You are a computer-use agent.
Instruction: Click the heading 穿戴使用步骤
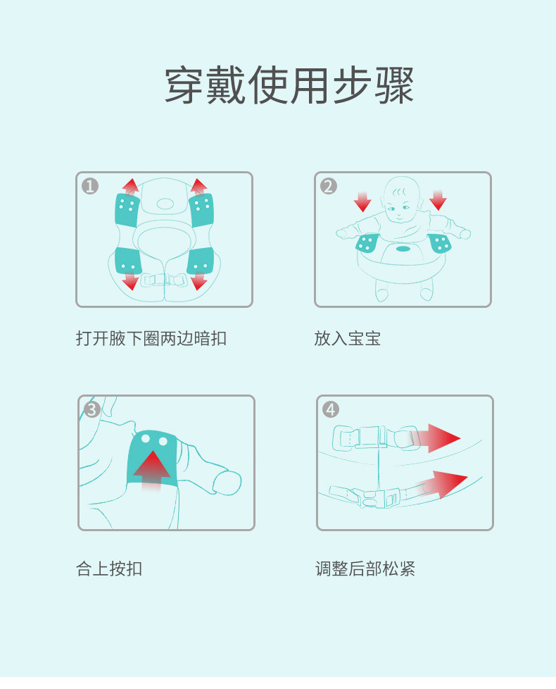coord(289,86)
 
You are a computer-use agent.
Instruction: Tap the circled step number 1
coord(90,187)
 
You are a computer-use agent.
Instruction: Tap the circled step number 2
coord(329,187)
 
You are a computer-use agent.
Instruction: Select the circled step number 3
coord(92,409)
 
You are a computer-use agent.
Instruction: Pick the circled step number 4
coord(331,409)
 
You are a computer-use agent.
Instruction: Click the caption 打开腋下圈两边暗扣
coord(151,338)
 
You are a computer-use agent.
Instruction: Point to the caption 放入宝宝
coord(347,338)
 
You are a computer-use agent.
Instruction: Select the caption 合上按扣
coord(109,569)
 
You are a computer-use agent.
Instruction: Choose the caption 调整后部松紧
coord(365,569)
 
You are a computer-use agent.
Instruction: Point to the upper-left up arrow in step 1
coord(130,187)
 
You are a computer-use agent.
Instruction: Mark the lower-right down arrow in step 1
coord(199,281)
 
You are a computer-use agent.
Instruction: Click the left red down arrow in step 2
coord(362,201)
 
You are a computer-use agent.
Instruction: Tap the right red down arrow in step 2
coord(438,200)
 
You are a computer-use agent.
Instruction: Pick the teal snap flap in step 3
coord(152,457)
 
